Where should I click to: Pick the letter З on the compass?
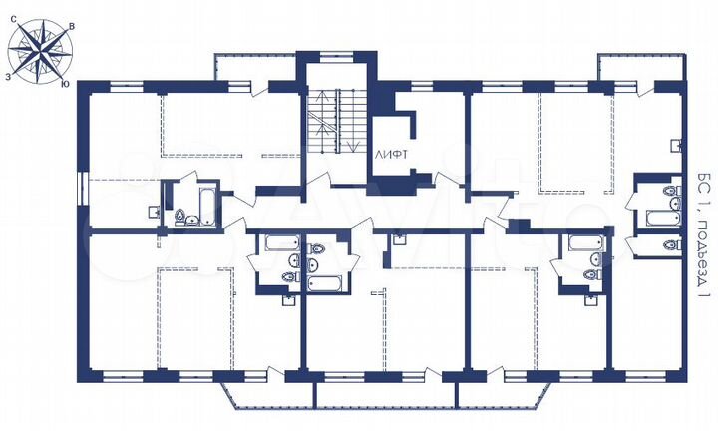[8, 75]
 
